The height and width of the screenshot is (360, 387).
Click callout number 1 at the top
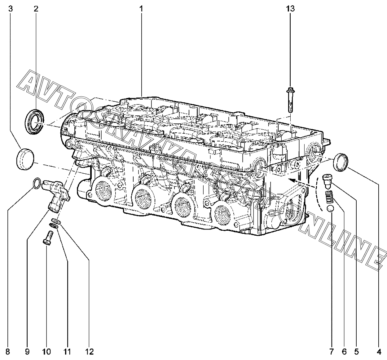coord(141,9)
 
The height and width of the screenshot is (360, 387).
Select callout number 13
coord(290,9)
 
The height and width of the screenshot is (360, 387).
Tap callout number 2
coord(36,9)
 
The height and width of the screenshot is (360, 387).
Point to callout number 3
coord(11,9)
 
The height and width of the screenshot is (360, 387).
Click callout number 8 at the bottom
coord(8,352)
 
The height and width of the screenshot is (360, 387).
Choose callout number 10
coord(46,352)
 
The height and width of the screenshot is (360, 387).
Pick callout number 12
coord(89,352)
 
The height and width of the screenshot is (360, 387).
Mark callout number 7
coord(332,352)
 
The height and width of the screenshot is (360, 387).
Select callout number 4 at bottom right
coord(379,352)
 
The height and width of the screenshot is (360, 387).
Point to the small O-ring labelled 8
coord(37,183)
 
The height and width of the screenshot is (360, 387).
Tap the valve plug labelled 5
coord(327,181)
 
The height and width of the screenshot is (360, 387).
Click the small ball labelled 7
coord(330,208)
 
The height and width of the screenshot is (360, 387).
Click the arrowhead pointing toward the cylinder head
coord(291,180)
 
